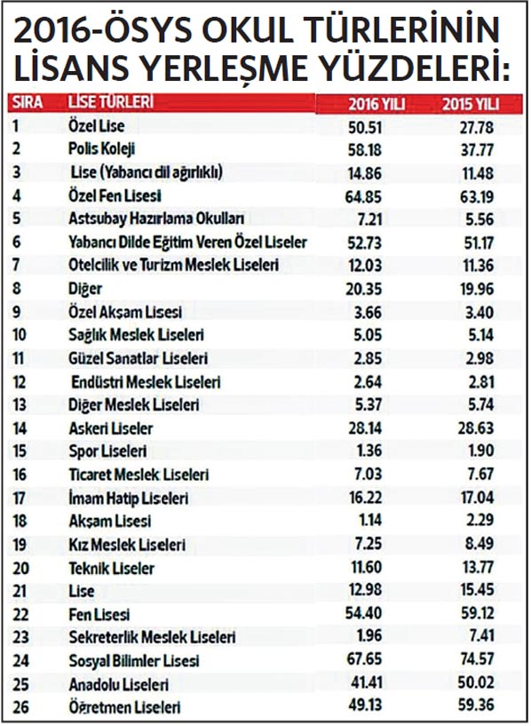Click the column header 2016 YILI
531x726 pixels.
pyautogui.click(x=376, y=104)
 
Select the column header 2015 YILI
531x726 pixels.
pyautogui.click(x=471, y=104)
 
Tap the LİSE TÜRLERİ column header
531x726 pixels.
pyautogui.click(x=110, y=102)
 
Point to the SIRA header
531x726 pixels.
pyautogui.click(x=28, y=102)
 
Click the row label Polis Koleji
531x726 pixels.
pyautogui.click(x=102, y=149)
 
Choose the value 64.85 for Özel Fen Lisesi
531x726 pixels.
pyautogui.click(x=363, y=196)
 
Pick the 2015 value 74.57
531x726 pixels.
pyautogui.click(x=476, y=658)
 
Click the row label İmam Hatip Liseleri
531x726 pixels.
pyautogui.click(x=128, y=499)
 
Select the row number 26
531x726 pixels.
pyautogui.click(x=20, y=707)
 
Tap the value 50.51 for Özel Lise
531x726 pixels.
pyautogui.click(x=365, y=127)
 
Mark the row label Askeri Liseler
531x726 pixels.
pyautogui.click(x=110, y=428)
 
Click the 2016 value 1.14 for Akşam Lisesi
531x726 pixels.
pyautogui.click(x=370, y=521)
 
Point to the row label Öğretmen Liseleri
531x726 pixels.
pyautogui.click(x=124, y=707)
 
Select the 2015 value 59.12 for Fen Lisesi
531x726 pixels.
pyautogui.click(x=477, y=613)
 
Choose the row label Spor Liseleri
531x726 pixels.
pyautogui.click(x=107, y=451)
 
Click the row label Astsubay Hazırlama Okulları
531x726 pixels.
pyautogui.click(x=156, y=219)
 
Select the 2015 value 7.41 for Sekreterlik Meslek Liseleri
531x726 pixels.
pyautogui.click(x=480, y=635)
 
